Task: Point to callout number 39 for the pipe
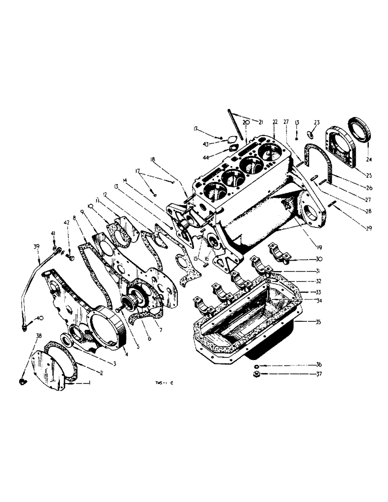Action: pyautogui.click(x=36, y=246)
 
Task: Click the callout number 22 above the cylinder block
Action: pyautogui.click(x=275, y=122)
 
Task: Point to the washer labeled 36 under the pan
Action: pyautogui.click(x=256, y=365)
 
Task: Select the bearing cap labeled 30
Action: pyautogui.click(x=279, y=253)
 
